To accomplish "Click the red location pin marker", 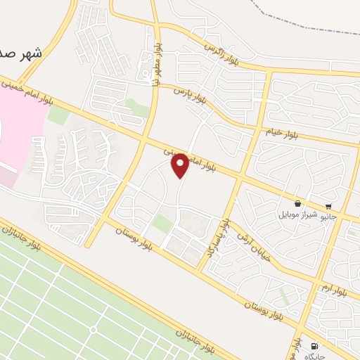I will [x=180, y=165].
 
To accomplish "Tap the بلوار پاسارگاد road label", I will [x=219, y=236].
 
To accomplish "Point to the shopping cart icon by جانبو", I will [x=328, y=207].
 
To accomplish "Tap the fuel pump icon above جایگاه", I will [x=313, y=346].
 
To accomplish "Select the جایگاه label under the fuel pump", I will [x=313, y=356].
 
